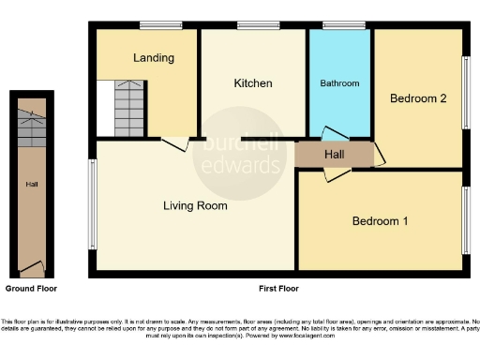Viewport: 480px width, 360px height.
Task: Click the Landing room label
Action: (x=154, y=58)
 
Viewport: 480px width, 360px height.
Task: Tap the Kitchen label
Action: (x=253, y=83)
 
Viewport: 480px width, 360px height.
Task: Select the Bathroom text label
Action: (x=340, y=83)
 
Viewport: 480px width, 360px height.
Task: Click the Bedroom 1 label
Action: (x=380, y=221)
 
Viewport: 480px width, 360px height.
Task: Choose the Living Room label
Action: (x=195, y=206)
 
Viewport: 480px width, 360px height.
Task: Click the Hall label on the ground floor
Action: (x=31, y=185)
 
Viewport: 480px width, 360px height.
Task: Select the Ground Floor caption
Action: (x=31, y=288)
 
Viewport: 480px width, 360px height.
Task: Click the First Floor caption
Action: (x=278, y=288)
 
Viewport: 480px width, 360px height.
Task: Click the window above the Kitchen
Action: (x=250, y=25)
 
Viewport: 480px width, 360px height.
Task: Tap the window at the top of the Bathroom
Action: (x=342, y=25)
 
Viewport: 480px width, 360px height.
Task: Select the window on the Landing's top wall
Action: (x=154, y=25)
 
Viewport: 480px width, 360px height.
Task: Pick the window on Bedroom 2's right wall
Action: (x=465, y=93)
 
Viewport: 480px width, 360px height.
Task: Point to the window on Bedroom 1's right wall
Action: (x=465, y=219)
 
